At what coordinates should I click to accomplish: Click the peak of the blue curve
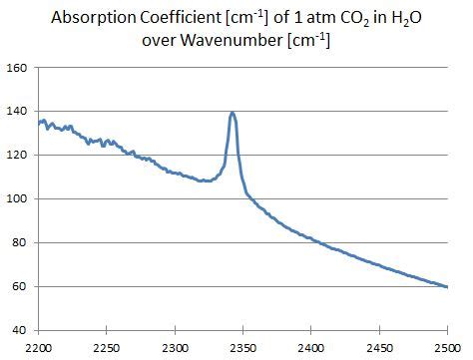coord(233,113)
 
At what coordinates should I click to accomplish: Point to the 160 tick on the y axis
coord(18,69)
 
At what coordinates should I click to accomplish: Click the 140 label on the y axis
coord(18,113)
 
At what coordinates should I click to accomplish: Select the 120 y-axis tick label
coord(18,156)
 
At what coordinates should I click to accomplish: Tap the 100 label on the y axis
coord(18,199)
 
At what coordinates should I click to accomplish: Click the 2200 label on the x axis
coord(38,346)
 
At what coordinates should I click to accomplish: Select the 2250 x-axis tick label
coord(106,346)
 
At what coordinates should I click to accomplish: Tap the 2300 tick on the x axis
coord(175,346)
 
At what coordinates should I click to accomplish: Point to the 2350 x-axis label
coord(242,346)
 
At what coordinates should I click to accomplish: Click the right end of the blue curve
coord(447,286)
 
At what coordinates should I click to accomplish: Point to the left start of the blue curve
coord(38,124)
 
